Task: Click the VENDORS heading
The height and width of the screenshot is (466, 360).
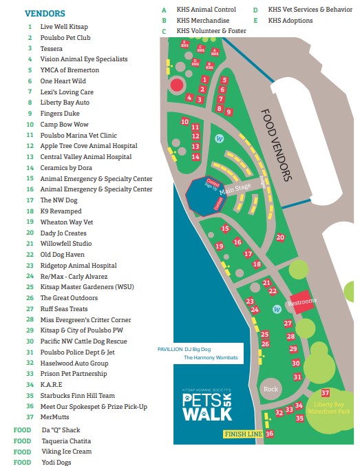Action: tap(45, 13)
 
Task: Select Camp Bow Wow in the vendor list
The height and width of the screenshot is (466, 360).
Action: tap(64, 125)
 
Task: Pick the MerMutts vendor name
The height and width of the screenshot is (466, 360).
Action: tap(55, 418)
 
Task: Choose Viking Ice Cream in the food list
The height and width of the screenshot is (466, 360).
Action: tap(66, 452)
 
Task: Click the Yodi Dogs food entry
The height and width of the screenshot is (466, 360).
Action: tap(56, 463)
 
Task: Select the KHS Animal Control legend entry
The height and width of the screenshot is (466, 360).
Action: tap(206, 10)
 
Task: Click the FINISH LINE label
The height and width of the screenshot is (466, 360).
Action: tap(243, 434)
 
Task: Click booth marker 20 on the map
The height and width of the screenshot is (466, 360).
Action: tap(280, 237)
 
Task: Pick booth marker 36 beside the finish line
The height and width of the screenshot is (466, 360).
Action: tap(269, 434)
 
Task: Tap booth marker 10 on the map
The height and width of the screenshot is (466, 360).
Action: tap(184, 122)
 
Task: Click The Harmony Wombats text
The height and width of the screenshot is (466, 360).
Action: tap(210, 358)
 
